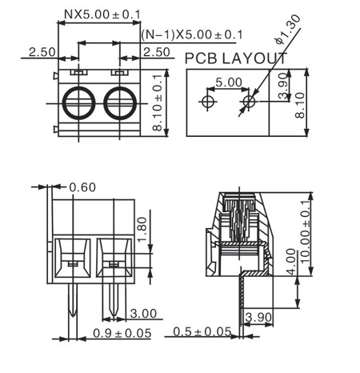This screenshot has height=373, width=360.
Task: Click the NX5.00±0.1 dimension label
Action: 102,14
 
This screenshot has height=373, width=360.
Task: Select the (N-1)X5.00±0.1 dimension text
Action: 192,34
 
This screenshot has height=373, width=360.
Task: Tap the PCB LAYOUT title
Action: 236,58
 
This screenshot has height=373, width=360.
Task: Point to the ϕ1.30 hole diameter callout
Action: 288,29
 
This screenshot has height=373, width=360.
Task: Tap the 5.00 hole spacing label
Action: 229,82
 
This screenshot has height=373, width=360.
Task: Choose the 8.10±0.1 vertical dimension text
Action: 157,102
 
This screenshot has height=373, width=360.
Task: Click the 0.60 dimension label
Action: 82,187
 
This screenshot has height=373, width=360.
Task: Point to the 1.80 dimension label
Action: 142,229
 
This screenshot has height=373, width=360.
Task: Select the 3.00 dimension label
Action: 143,314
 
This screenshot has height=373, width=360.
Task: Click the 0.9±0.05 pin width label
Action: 122,333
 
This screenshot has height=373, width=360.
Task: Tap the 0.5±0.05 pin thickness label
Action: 202,332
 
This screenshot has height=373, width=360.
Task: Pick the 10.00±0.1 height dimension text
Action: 306,231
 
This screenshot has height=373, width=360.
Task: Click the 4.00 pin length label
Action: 291,261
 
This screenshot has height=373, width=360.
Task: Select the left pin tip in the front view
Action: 73,316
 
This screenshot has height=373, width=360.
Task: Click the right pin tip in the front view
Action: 114,316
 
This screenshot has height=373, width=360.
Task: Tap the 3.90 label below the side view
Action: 258,317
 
